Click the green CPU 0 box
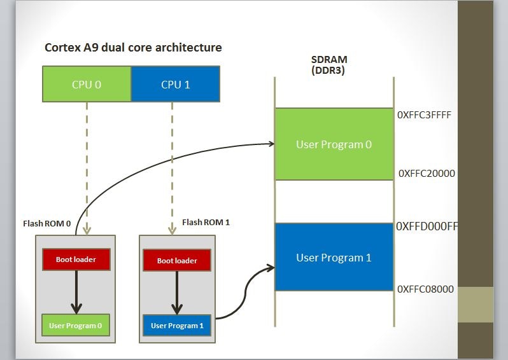87,84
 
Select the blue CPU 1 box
175,84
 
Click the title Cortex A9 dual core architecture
133,48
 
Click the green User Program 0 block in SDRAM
334,144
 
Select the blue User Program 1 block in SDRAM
334,258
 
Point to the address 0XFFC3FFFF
424,116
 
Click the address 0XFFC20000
427,173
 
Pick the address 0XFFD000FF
427,226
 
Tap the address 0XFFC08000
425,289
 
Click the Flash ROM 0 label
46,223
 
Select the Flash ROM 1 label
206,223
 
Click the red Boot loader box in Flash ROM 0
76,260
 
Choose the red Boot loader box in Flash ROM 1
177,260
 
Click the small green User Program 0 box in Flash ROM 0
76,326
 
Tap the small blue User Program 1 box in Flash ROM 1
177,326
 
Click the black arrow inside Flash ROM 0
76,292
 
